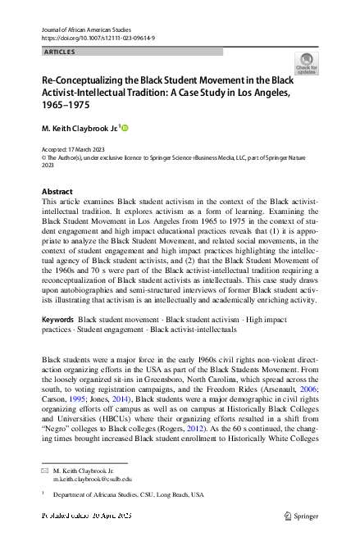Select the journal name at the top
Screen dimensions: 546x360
click(x=87, y=29)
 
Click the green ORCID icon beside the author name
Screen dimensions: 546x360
click(x=126, y=128)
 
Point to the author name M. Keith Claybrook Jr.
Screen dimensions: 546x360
click(x=80, y=129)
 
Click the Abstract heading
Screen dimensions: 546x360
click(x=57, y=191)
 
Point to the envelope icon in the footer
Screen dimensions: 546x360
click(x=45, y=471)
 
